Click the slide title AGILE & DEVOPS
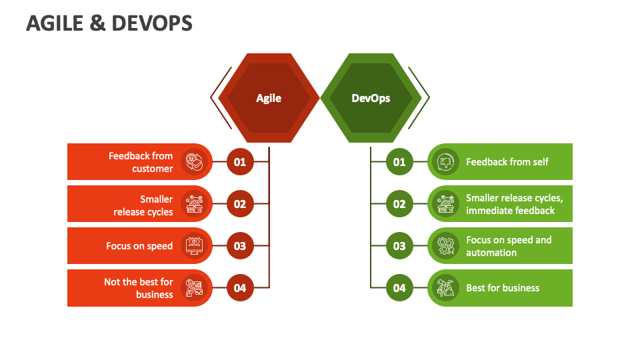tap(109, 23)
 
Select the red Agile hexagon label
tap(269, 98)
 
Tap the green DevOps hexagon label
tap(371, 98)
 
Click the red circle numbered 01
tap(240, 162)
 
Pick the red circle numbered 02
tap(240, 204)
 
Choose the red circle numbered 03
tap(240, 246)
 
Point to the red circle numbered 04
tap(240, 288)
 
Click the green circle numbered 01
tap(399, 162)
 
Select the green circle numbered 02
tap(399, 204)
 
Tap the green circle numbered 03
tap(399, 246)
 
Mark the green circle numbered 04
tap(399, 288)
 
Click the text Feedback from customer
tap(141, 162)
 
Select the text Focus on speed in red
tap(139, 246)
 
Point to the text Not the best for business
tap(139, 288)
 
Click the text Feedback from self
tap(507, 162)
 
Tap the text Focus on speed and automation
tap(509, 246)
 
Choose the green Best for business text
tap(503, 288)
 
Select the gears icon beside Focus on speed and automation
tap(445, 246)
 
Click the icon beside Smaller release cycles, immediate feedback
tap(445, 204)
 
